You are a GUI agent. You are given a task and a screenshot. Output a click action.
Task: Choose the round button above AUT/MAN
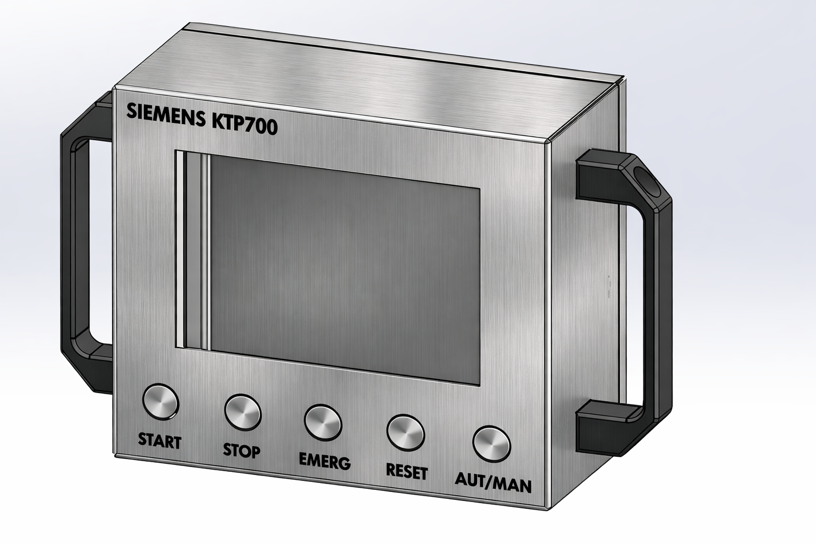coord(491,443)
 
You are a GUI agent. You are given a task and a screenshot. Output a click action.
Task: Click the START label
coord(159,440)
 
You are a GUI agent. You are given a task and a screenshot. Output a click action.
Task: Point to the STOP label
coord(241,451)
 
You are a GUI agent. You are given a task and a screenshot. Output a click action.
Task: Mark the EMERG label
coord(325,461)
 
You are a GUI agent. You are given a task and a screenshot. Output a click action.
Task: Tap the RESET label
coord(406,471)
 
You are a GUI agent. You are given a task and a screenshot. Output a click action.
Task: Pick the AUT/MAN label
coord(493,483)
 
